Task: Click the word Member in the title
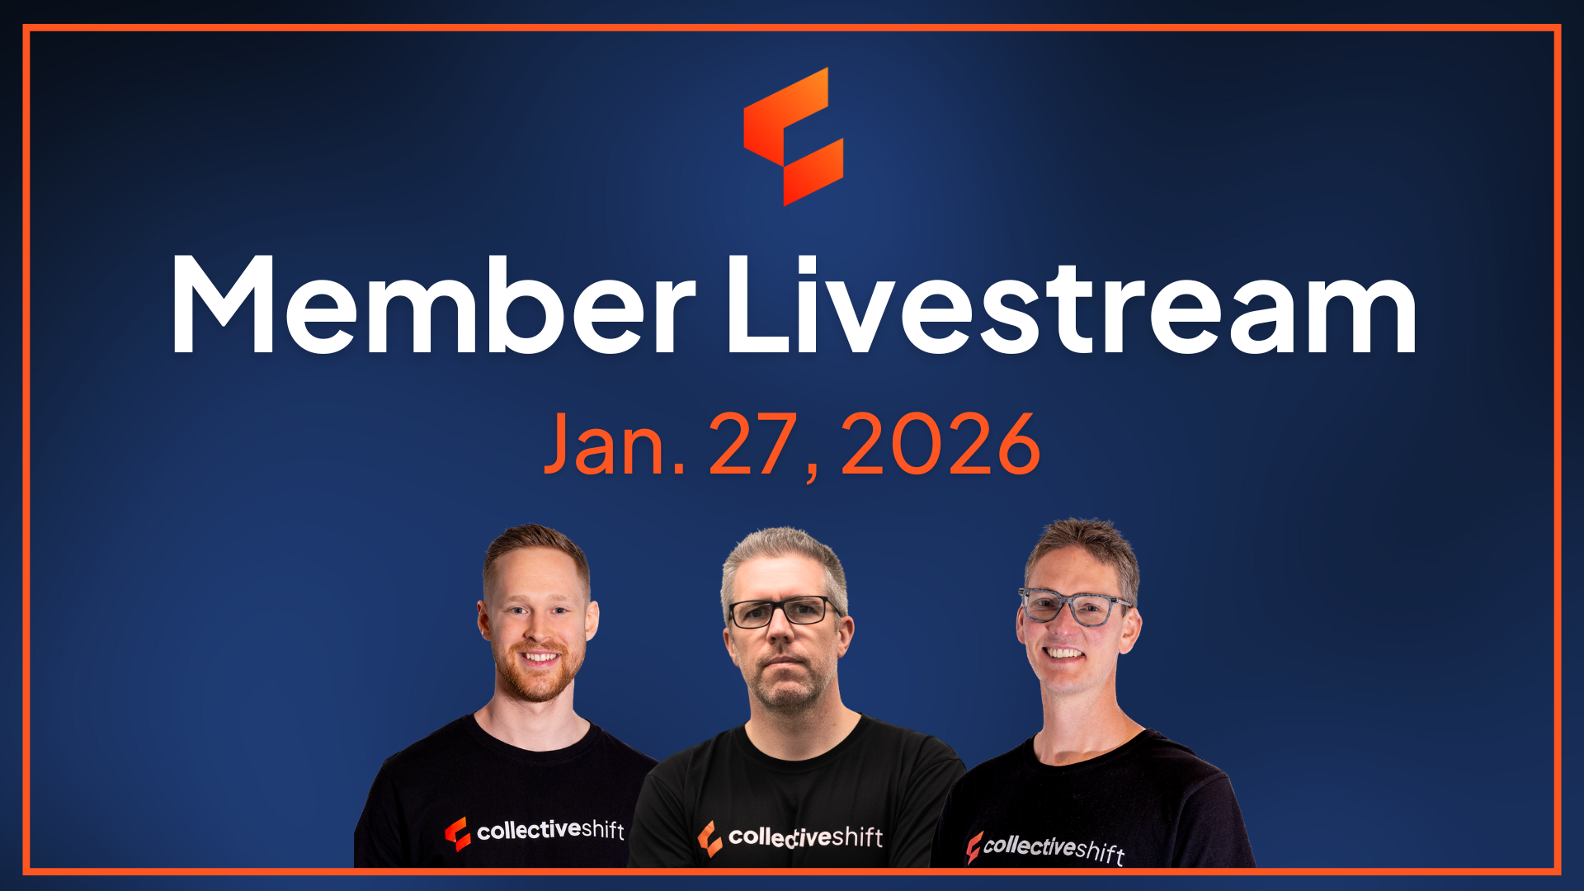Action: pos(433,305)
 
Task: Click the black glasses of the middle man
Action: pos(784,611)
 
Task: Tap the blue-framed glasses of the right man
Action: pos(1075,607)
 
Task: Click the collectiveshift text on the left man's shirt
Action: pos(550,829)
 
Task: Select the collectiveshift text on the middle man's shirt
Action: pos(805,837)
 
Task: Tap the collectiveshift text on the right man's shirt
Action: pos(1054,849)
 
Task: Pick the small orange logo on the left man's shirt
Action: pos(458,833)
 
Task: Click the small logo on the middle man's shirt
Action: pos(709,838)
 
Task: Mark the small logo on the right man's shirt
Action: pos(973,847)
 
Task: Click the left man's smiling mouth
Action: pos(540,658)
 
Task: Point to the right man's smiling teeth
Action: pos(1064,653)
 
